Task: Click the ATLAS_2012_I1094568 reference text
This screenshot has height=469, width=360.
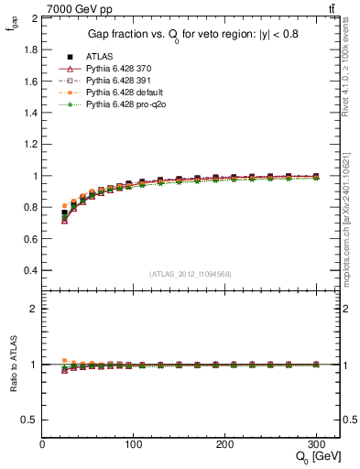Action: tap(191, 274)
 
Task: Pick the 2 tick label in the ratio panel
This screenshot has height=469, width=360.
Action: tap(34, 309)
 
